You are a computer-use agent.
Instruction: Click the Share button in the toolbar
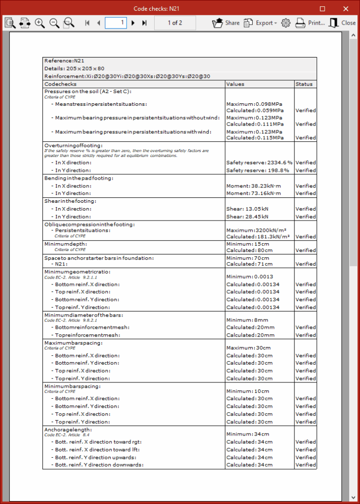click(x=226, y=23)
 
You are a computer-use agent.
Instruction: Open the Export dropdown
click(x=260, y=23)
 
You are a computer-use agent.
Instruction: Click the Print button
click(x=310, y=23)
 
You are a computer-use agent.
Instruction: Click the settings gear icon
click(x=286, y=23)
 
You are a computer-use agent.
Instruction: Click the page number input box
click(x=116, y=23)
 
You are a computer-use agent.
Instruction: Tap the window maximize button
click(x=323, y=9)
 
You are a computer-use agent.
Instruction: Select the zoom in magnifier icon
click(x=40, y=23)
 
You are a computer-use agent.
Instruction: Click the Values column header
click(x=235, y=84)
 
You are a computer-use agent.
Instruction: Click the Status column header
click(x=304, y=84)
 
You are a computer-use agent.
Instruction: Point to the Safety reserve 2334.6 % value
click(x=259, y=162)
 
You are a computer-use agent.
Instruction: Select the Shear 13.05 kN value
click(x=247, y=209)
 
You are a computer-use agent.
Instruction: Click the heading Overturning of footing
click(x=73, y=146)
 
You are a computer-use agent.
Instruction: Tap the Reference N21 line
click(x=62, y=61)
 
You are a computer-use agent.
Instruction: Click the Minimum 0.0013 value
click(x=250, y=277)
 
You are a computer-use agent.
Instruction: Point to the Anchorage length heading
click(x=68, y=430)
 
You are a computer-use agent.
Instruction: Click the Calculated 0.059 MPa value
click(x=255, y=110)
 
